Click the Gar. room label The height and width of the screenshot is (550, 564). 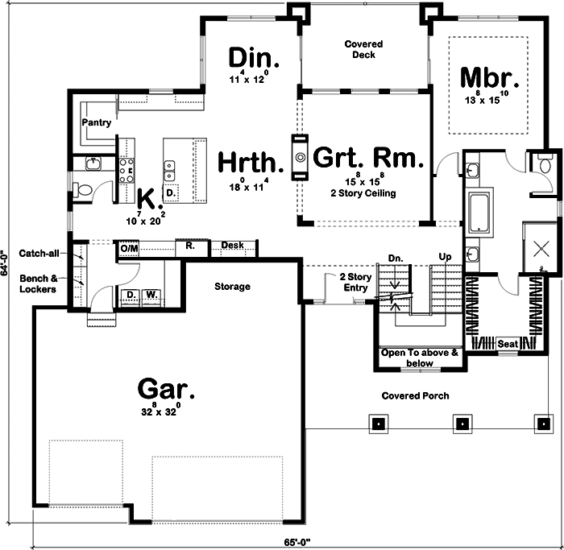coord(166,389)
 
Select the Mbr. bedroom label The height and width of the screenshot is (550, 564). coord(487,78)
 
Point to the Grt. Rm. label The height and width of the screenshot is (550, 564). coord(367,158)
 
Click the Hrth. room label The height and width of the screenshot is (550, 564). coord(251,163)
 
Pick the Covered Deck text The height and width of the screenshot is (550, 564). coord(363,51)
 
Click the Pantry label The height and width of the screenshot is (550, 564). coord(96,122)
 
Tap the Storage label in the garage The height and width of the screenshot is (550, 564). coord(232,287)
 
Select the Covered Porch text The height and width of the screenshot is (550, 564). coord(415,395)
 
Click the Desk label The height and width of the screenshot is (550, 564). coord(233,245)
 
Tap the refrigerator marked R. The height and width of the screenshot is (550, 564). coord(189,246)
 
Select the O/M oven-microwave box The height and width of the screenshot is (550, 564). coord(129,249)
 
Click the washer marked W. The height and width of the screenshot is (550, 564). coord(151,295)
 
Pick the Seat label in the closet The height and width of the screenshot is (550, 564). coord(508,343)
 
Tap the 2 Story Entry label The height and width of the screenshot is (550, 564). coord(355,283)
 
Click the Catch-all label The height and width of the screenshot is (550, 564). coord(39,253)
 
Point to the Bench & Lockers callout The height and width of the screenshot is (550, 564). coord(39,283)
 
